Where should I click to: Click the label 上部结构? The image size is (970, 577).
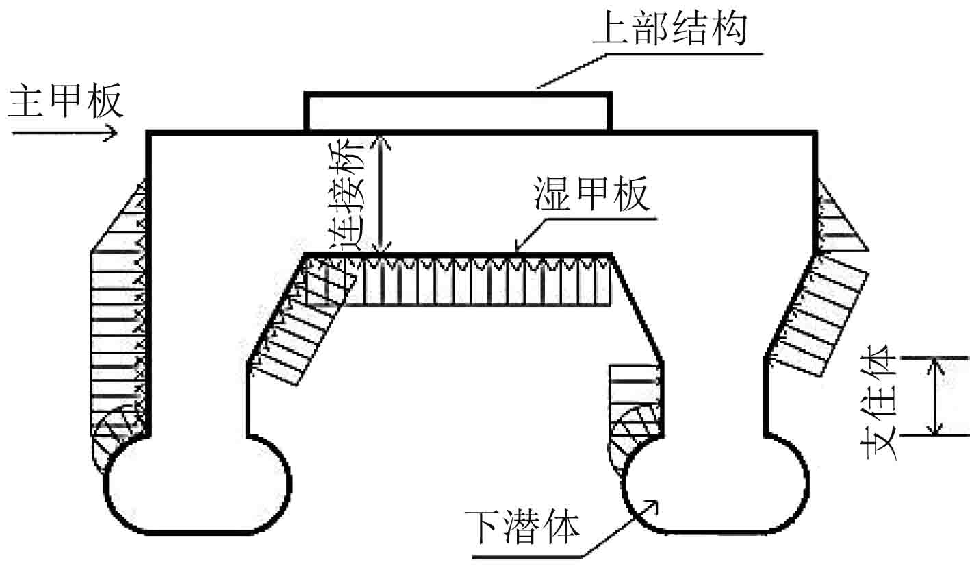pos(670,28)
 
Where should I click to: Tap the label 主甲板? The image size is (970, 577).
pos(66,101)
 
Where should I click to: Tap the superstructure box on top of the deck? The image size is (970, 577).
pos(457,112)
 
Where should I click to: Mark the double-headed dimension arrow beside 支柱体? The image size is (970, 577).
pos(934,396)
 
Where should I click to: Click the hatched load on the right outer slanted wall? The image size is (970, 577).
pos(818,315)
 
